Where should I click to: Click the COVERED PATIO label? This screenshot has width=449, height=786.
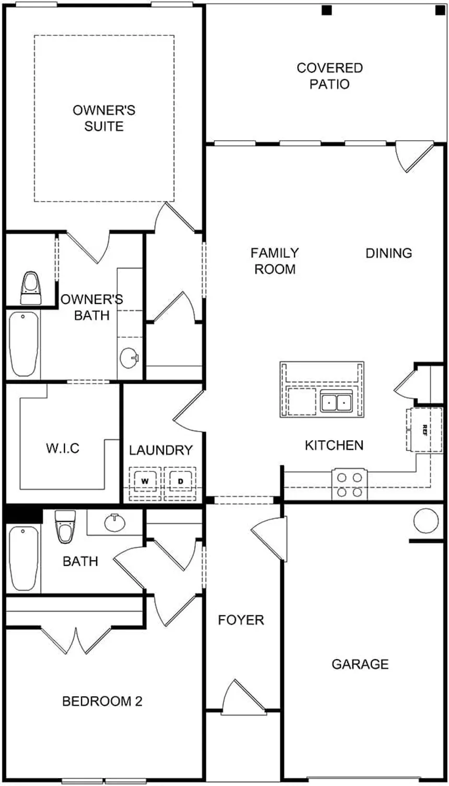click(329, 76)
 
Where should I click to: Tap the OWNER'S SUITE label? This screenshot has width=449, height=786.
click(104, 118)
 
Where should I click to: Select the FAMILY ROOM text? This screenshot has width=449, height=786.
click(275, 261)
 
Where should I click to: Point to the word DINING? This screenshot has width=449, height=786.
click(388, 253)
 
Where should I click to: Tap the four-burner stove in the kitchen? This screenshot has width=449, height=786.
click(350, 485)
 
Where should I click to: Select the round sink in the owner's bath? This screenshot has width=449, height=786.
click(128, 358)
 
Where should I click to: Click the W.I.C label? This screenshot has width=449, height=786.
click(63, 449)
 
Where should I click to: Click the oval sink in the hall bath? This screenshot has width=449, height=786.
click(114, 522)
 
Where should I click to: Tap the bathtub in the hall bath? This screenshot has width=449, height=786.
click(24, 558)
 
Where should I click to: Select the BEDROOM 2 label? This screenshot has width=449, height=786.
click(102, 702)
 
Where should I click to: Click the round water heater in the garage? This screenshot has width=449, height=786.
click(426, 520)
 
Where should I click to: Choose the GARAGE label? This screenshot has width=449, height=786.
click(360, 664)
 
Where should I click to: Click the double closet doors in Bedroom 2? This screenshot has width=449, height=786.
click(77, 640)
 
